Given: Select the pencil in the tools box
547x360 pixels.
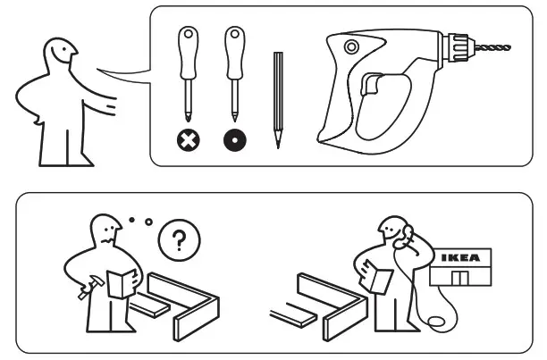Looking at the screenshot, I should pyautogui.click(x=278, y=98).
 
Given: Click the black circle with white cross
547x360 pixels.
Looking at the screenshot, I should pyautogui.click(x=189, y=139).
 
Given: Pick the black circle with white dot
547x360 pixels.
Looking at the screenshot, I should pyautogui.click(x=234, y=139).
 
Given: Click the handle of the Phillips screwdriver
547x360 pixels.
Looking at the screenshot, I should pyautogui.click(x=189, y=54).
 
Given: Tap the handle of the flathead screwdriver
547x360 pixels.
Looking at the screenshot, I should pyautogui.click(x=234, y=54).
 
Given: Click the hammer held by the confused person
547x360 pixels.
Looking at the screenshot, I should pyautogui.click(x=88, y=290).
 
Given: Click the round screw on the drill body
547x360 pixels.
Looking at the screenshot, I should pyautogui.click(x=350, y=46).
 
